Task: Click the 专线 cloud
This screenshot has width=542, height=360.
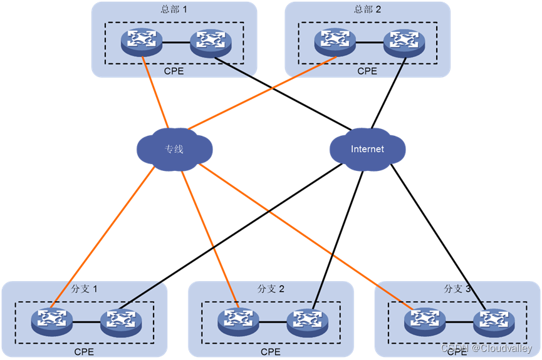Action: coord(174,150)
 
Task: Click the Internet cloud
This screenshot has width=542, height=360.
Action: coord(367,150)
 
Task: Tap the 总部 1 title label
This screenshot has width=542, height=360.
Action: coord(174,10)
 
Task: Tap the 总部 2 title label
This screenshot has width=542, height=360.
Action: coord(367,10)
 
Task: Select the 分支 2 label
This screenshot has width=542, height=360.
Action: coord(271,289)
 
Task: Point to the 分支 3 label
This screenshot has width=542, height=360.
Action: coord(457,289)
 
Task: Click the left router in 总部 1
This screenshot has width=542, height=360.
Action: coord(142,43)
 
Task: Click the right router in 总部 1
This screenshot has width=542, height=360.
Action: coord(211,43)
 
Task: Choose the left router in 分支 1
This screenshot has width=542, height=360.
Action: coord(52,322)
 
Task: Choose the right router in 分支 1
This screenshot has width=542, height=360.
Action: coord(121,322)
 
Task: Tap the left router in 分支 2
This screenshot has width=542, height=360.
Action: coord(239,322)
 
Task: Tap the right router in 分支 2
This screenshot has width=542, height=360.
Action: coord(308,322)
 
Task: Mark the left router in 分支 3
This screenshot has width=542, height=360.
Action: coord(425,322)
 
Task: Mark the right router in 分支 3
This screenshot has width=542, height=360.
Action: coord(494,322)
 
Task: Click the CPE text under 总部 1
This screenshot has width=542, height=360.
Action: coord(174,71)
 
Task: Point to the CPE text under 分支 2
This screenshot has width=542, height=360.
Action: coord(271,352)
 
